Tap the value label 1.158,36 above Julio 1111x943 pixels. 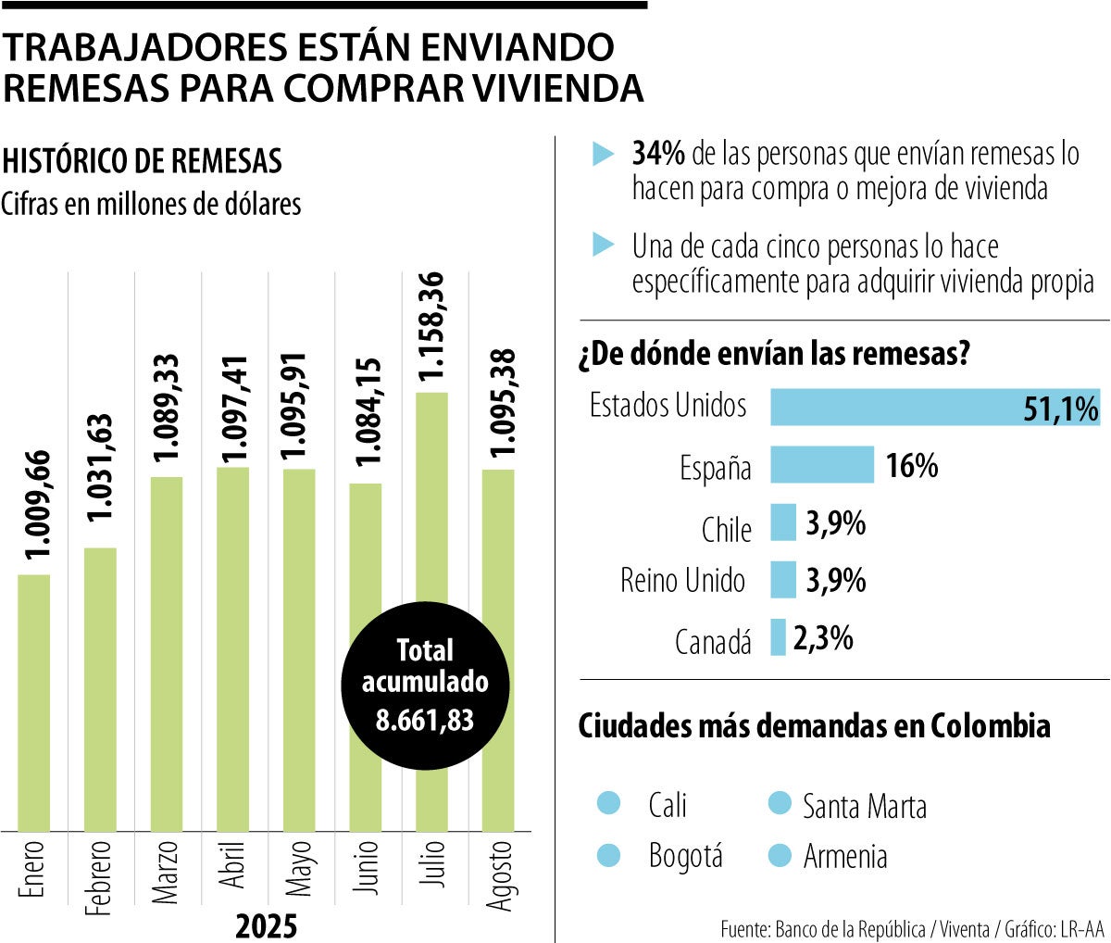pyautogui.click(x=432, y=330)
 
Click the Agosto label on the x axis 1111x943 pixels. pyautogui.click(x=500, y=874)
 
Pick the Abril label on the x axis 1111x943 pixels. pyautogui.click(x=233, y=867)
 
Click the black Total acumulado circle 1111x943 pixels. pyautogui.click(x=425, y=685)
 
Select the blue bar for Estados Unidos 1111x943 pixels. pyautogui.click(x=935, y=407)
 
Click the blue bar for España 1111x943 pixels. pyautogui.click(x=822, y=465)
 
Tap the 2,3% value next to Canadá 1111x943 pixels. pyautogui.click(x=823, y=637)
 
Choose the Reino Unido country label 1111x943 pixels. pyautogui.click(x=682, y=581)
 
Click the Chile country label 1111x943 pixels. pyautogui.click(x=726, y=530)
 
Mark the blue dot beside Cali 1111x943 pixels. pyautogui.click(x=609, y=803)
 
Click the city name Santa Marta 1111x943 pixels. pyautogui.click(x=864, y=806)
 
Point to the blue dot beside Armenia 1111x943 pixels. pyautogui.click(x=780, y=855)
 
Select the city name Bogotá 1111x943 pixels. pyautogui.click(x=685, y=856)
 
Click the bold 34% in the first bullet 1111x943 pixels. pyautogui.click(x=658, y=154)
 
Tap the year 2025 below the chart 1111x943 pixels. pyautogui.click(x=267, y=925)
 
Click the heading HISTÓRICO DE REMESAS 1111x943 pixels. pyautogui.click(x=143, y=160)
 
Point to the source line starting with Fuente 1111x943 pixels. pyautogui.click(x=912, y=928)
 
